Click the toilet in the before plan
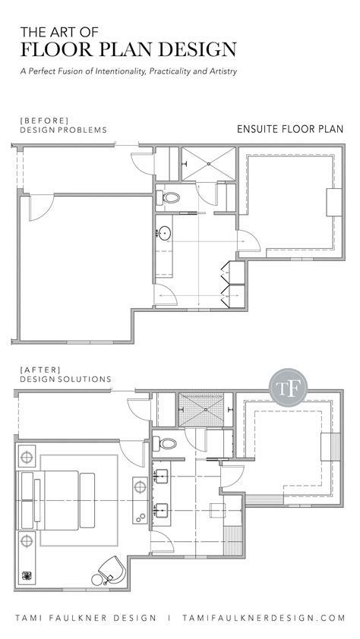click(x=170, y=198)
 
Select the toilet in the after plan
click(x=166, y=443)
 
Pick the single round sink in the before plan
click(x=165, y=233)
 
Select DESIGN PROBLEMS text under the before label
click(x=62, y=130)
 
